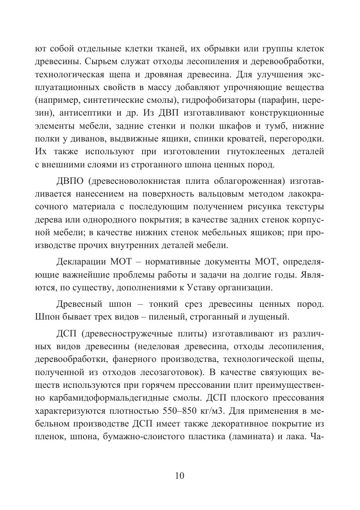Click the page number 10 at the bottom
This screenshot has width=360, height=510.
click(180, 476)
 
